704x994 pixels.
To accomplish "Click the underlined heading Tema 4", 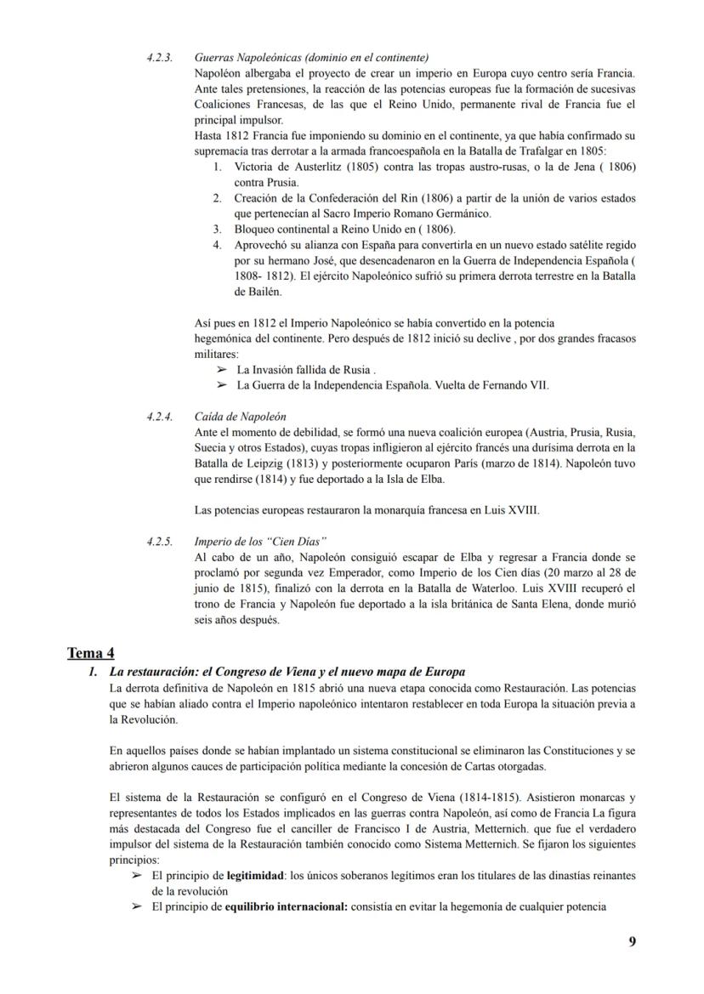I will tap(90, 653).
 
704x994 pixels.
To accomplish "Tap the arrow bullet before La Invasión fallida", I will tap(222, 370).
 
